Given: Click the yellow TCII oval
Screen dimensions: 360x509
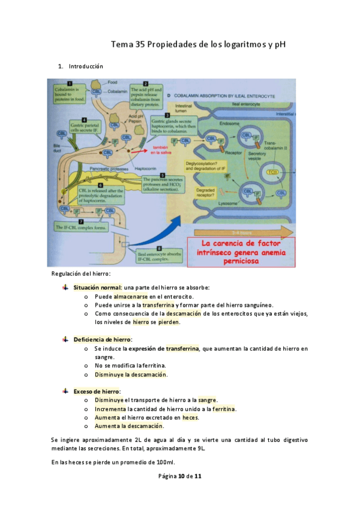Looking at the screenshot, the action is point(274,173).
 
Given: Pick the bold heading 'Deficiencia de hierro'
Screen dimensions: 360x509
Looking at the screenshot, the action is point(103,340).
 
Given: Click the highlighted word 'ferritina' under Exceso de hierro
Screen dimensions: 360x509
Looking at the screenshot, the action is point(224,409).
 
